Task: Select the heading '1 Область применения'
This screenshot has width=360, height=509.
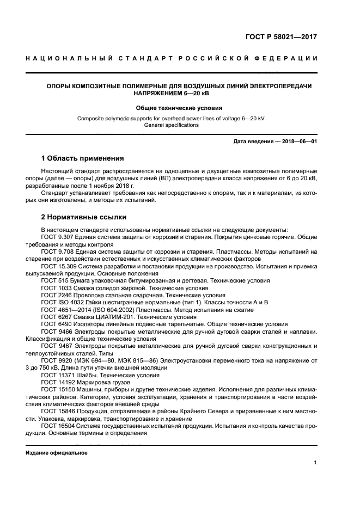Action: tap(83, 158)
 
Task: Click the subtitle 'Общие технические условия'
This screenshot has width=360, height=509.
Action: tap(179, 108)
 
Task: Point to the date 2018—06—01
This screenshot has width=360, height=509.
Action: tap(300, 142)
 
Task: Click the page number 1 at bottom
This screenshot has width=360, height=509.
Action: tap(315, 463)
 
